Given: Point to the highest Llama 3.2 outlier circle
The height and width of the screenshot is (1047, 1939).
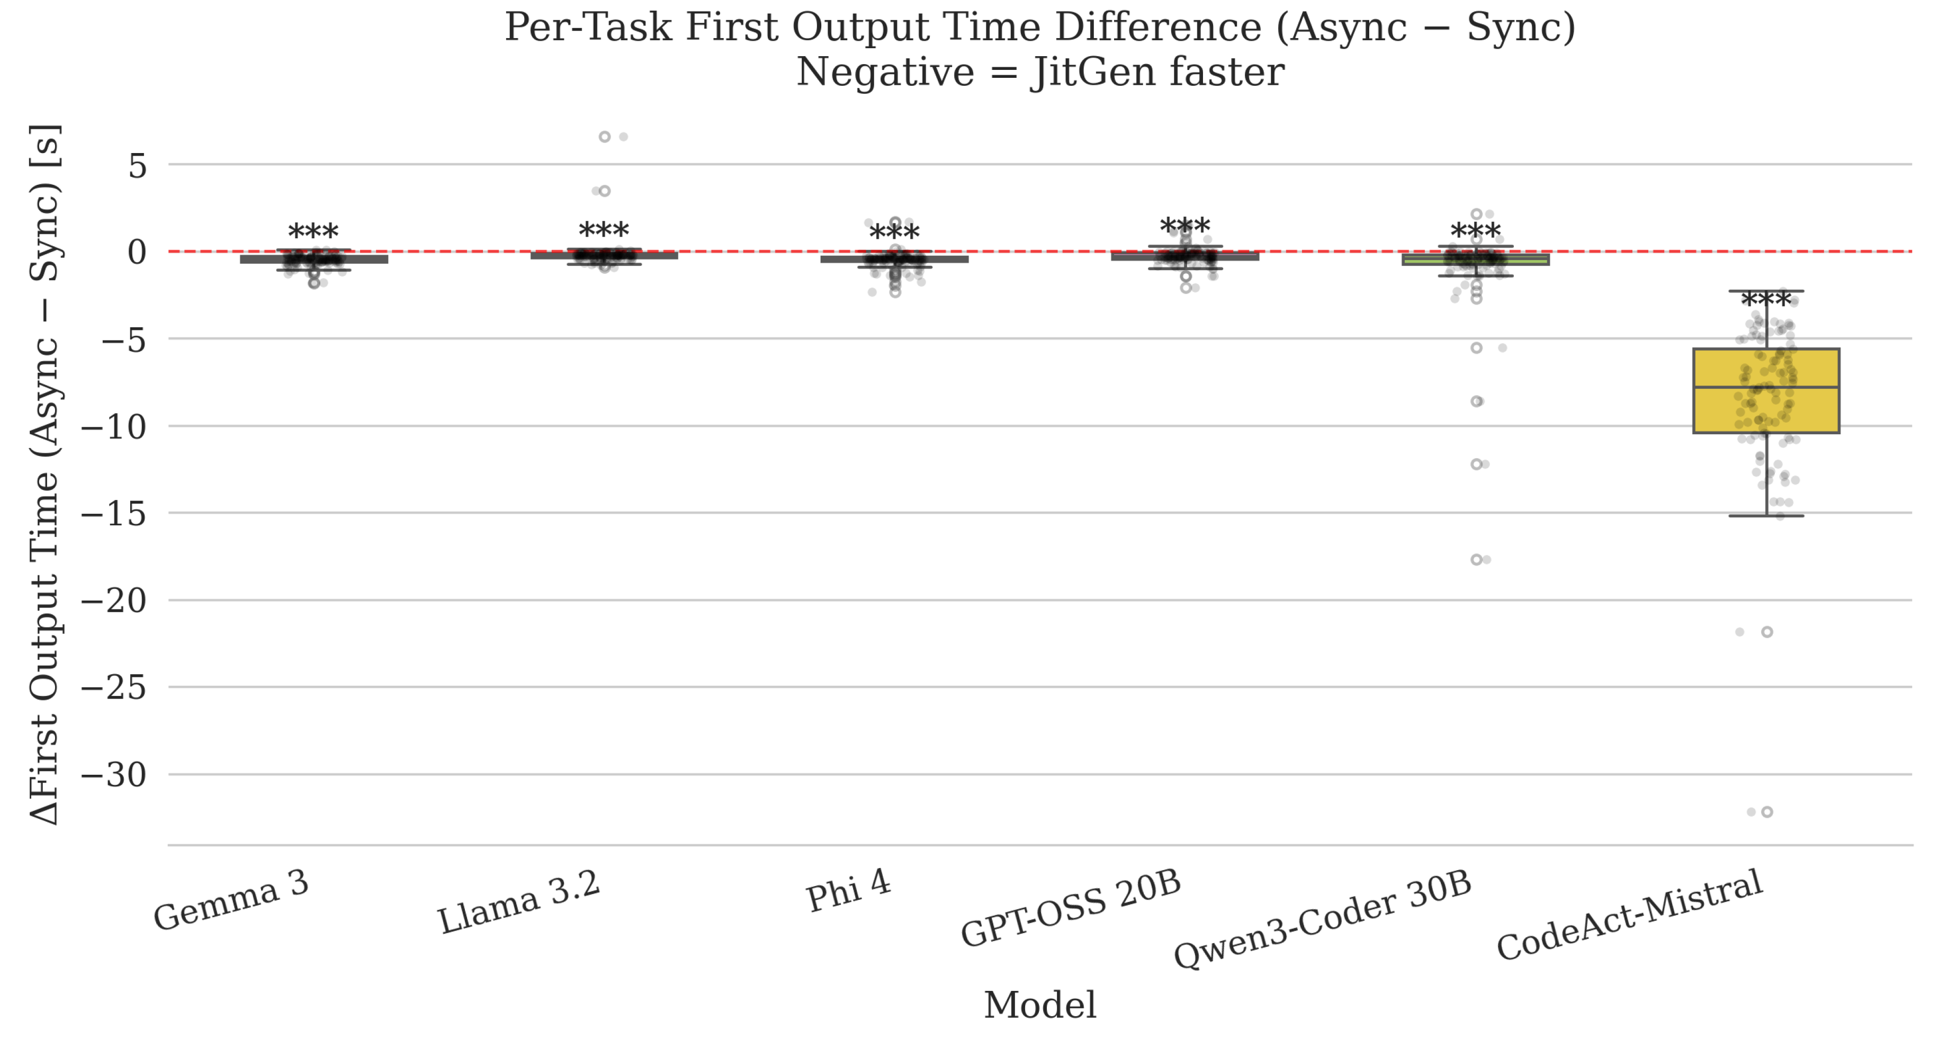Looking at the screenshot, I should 605,137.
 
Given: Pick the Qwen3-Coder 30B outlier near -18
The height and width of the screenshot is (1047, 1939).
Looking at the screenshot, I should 1476,559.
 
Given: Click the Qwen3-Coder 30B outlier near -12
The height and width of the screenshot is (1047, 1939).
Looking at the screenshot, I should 1476,464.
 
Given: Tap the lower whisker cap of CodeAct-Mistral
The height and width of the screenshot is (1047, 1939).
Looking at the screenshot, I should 1766,516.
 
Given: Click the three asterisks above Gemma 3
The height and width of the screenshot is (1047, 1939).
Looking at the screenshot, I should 313,232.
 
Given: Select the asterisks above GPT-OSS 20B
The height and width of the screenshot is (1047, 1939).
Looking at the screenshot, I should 1185,226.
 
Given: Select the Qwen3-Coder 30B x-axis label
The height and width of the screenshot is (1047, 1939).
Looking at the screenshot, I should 1323,920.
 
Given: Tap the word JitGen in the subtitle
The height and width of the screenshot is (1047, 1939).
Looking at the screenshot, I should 1094,73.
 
